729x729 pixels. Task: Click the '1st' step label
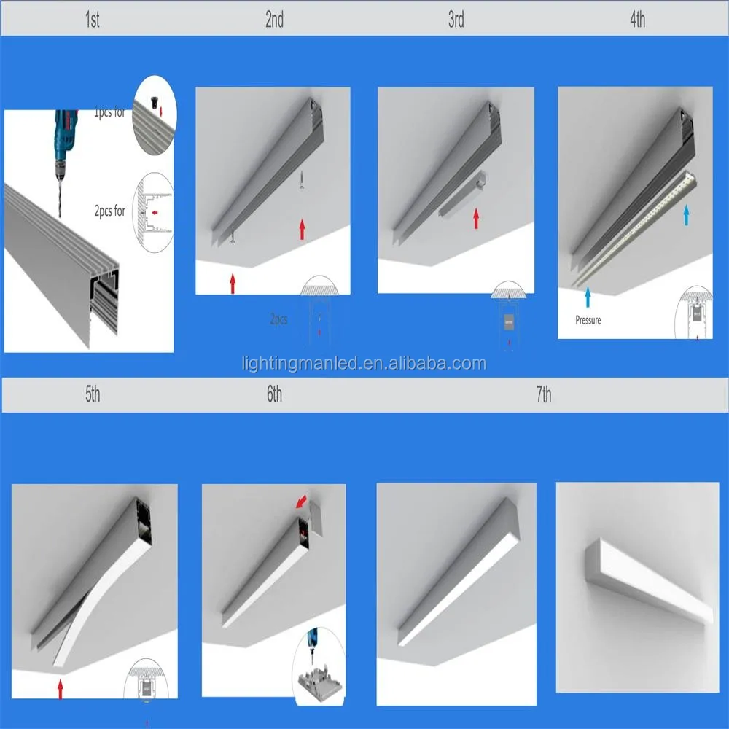pos(92,20)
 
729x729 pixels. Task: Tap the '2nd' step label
pos(274,20)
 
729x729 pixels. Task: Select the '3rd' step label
pos(456,20)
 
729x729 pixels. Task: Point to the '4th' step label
pos(637,20)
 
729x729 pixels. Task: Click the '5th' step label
pos(92,395)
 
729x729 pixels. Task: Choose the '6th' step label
pos(274,395)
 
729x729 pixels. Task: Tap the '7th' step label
pos(543,395)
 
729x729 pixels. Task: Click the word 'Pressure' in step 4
pos(588,320)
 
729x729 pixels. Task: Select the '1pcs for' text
pos(109,113)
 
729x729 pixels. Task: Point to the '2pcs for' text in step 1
pos(109,212)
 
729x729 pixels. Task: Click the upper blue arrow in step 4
pos(685,214)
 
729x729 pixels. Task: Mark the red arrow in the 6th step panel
pos(301,502)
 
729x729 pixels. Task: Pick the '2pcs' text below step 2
pos(278,319)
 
